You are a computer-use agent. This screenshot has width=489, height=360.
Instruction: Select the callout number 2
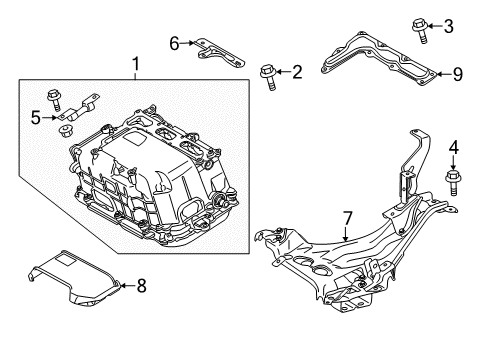297,71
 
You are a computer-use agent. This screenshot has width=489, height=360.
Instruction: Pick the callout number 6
174,42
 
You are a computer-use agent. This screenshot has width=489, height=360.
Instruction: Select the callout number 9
458,72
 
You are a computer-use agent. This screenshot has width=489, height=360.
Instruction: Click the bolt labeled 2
268,75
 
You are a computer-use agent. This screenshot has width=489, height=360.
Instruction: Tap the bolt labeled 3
421,28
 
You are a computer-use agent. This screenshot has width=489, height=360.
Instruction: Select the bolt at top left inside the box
75,101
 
